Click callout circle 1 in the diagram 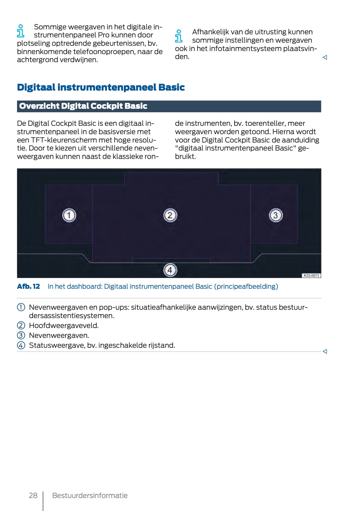(x=69, y=215)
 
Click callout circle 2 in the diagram (x=170, y=215)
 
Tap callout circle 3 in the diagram (x=276, y=215)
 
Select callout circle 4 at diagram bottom (x=170, y=270)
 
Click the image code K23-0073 (x=311, y=275)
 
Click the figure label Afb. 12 (x=28, y=286)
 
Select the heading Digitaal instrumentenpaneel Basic (x=101, y=87)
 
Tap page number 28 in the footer (x=33, y=496)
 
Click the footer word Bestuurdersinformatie (x=90, y=496)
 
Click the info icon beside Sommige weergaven (x=21, y=31)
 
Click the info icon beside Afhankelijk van (x=179, y=36)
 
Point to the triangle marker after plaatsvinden (x=325, y=57)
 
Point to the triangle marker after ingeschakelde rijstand (x=325, y=351)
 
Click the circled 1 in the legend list (x=21, y=307)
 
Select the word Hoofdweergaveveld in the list (x=64, y=326)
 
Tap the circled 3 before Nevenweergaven (x=21, y=335)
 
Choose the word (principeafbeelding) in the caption (x=246, y=286)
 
